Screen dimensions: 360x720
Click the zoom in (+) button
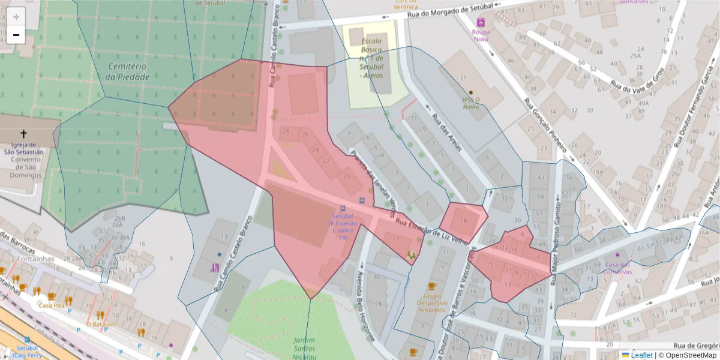point(16,17)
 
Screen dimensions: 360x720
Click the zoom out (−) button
point(16,35)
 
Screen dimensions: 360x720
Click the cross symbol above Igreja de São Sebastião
point(24,134)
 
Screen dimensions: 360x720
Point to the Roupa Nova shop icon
point(480,22)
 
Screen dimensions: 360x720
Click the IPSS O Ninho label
point(470,103)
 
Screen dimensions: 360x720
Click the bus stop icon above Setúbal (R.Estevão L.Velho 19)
point(361,200)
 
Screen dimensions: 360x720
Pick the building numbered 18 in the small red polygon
point(463,221)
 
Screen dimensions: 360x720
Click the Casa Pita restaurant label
point(51,305)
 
